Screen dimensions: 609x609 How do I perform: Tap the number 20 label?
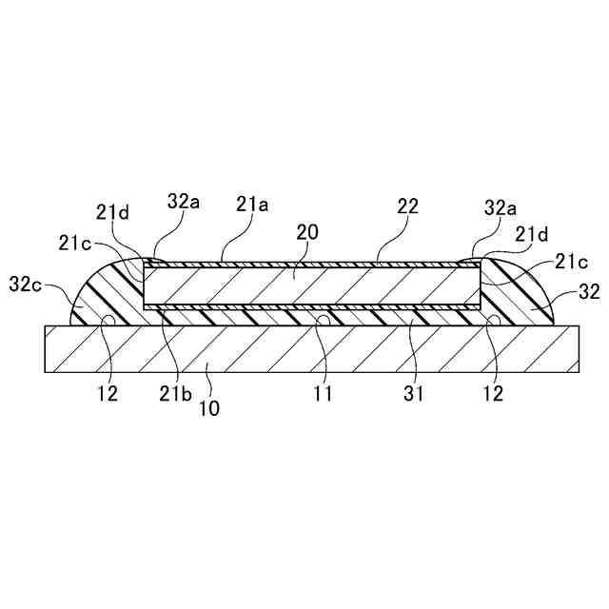click(306, 231)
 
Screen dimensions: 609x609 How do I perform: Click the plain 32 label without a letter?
click(590, 293)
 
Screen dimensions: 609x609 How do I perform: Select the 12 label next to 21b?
click(108, 392)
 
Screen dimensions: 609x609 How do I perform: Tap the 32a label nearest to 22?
click(500, 206)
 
